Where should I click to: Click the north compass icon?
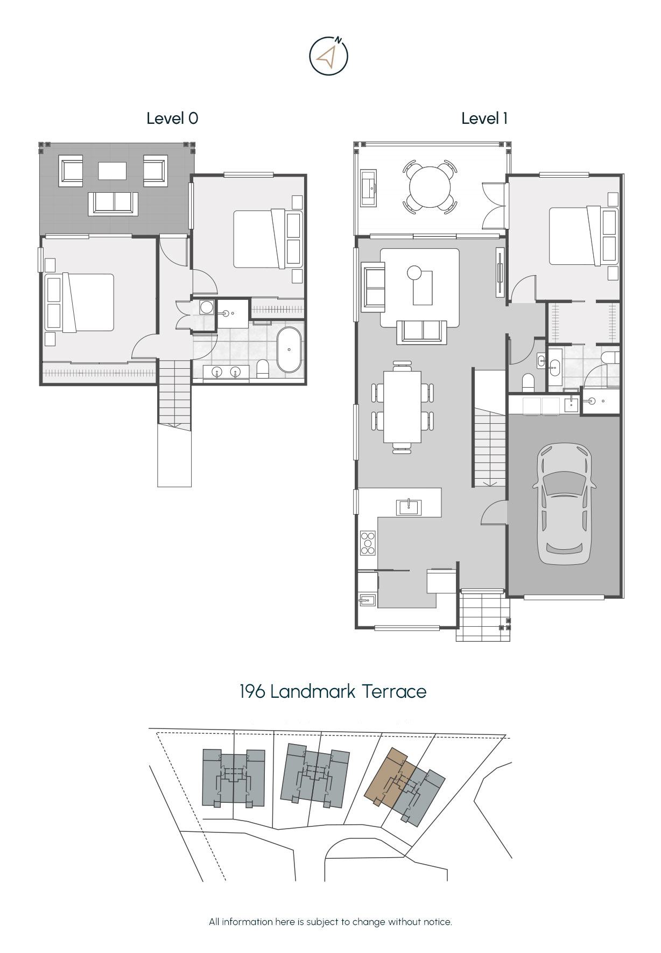328,55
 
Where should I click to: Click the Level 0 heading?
172,118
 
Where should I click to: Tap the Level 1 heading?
484,118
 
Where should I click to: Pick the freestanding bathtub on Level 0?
289,349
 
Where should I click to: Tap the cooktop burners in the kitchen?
368,543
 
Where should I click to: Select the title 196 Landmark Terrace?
333,691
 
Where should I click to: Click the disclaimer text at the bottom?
330,922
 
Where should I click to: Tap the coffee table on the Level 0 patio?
112,171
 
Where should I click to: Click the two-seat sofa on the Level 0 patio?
113,203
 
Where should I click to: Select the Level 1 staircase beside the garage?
489,428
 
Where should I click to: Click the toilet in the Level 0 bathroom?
263,369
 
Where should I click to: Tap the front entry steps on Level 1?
483,615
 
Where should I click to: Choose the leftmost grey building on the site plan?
234,778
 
